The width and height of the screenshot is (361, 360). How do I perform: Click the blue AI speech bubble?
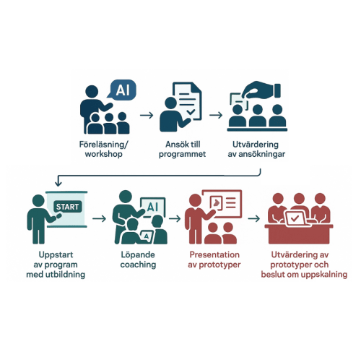(x=122, y=90)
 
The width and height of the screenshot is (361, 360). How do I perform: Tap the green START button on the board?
(x=68, y=207)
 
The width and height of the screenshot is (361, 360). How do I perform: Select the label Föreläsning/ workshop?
(x=104, y=149)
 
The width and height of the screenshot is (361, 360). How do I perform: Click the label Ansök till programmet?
(x=183, y=149)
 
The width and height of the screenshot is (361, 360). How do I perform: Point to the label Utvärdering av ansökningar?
(x=256, y=149)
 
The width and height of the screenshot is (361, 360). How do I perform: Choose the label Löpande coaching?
(x=138, y=260)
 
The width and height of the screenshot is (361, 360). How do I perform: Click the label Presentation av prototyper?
(x=214, y=260)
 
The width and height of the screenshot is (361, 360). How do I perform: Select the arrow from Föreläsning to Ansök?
(x=147, y=115)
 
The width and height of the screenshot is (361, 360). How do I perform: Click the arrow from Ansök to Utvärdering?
(x=216, y=115)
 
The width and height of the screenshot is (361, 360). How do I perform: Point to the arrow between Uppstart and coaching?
(x=99, y=218)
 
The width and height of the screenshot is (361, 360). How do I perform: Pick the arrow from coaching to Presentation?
(x=175, y=218)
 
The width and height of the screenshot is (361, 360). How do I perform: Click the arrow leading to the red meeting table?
(x=254, y=218)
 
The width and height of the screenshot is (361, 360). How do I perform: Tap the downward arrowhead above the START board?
(x=58, y=184)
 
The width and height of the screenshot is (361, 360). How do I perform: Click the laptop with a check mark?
(x=295, y=218)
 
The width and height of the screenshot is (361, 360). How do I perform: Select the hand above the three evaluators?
(x=262, y=90)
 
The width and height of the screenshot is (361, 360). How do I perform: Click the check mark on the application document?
(x=191, y=112)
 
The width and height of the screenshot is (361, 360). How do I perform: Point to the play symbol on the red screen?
(x=217, y=202)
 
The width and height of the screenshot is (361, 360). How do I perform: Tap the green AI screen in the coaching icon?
(x=153, y=207)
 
